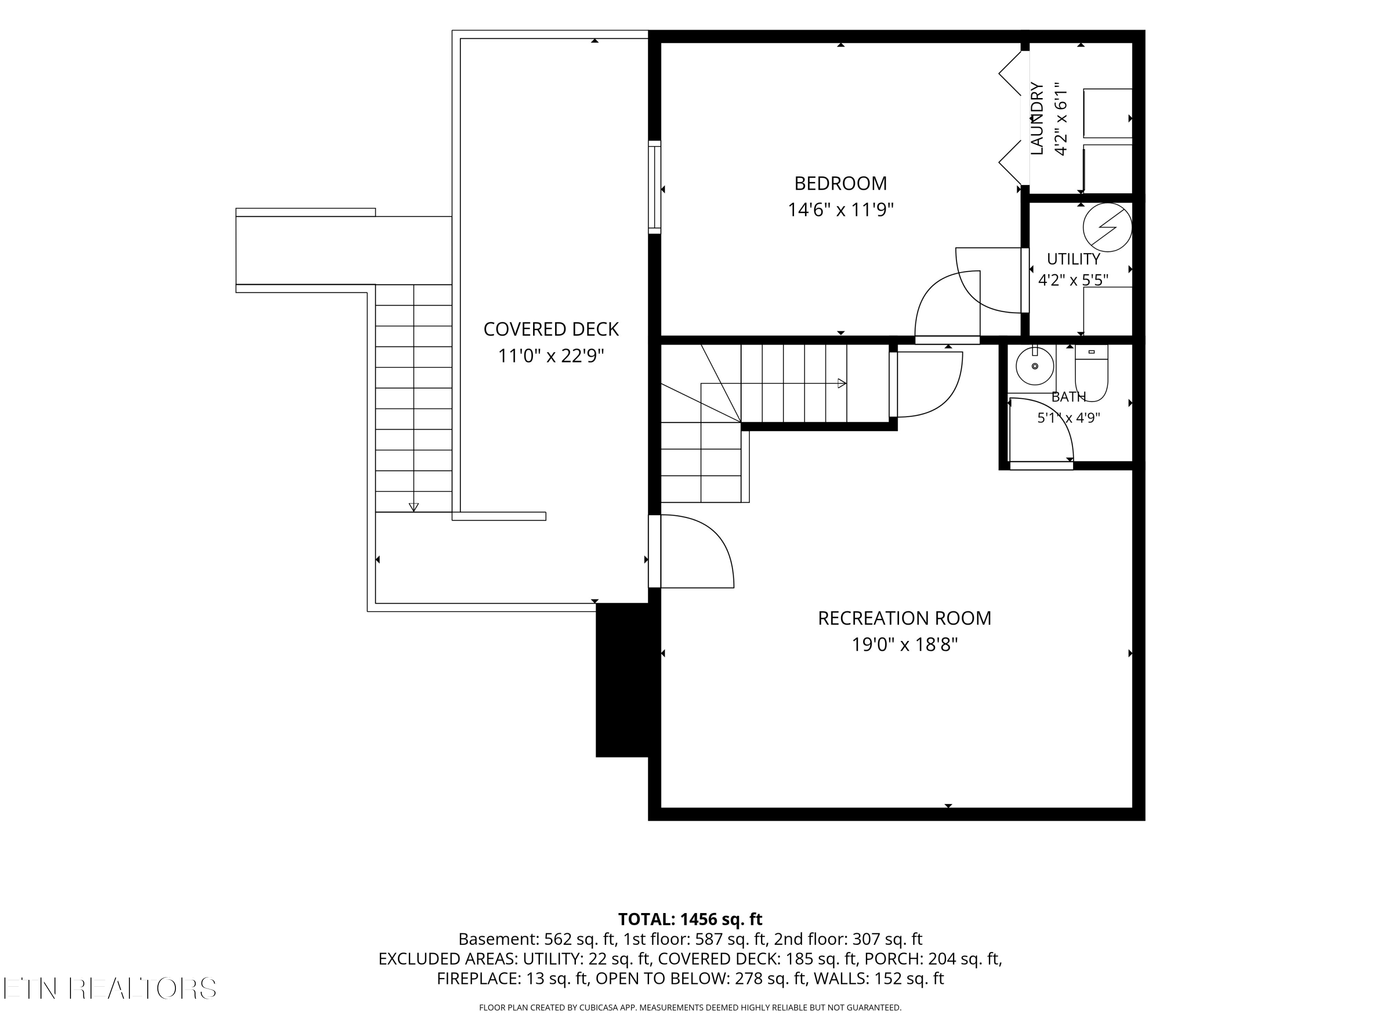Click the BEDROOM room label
tap(840, 184)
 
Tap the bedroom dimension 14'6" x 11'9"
tap(840, 210)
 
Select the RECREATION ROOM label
tap(904, 618)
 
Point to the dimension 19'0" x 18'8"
tap(905, 645)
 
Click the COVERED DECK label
tap(551, 329)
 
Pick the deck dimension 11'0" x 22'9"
tap(551, 356)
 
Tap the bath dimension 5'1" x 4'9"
tap(1069, 418)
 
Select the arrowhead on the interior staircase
tap(841, 384)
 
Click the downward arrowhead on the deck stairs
tap(413, 507)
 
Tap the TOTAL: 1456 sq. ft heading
tap(690, 919)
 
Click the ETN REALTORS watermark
tap(110, 988)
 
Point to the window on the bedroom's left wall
tap(654, 187)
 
